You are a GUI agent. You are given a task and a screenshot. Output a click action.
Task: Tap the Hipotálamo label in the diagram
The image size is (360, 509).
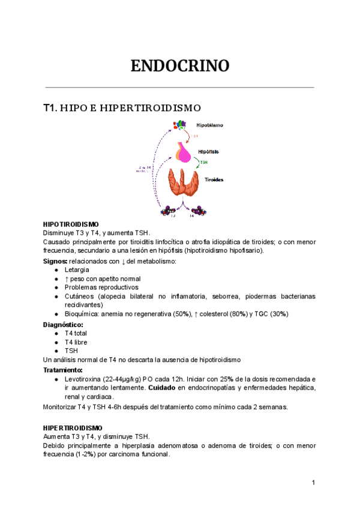210,125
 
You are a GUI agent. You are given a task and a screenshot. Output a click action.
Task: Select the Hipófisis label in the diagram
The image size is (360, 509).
208,152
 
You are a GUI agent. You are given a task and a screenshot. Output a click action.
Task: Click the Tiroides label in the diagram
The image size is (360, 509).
215,179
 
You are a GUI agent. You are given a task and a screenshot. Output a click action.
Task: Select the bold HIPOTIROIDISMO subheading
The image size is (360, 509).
71,224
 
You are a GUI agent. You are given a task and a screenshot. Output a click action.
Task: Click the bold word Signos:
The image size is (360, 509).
55,261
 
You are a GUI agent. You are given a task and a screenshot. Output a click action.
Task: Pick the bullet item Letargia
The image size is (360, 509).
77,270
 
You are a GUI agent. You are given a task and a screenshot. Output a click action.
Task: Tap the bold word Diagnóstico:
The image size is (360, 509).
63,324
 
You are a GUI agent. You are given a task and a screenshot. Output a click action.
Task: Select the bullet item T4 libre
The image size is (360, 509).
76,342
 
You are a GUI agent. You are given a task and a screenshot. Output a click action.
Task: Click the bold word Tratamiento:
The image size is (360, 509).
63,370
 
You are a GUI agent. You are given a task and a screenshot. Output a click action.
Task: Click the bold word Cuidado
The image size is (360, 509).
162,388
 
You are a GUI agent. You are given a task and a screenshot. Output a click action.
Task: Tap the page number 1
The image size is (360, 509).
313,483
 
